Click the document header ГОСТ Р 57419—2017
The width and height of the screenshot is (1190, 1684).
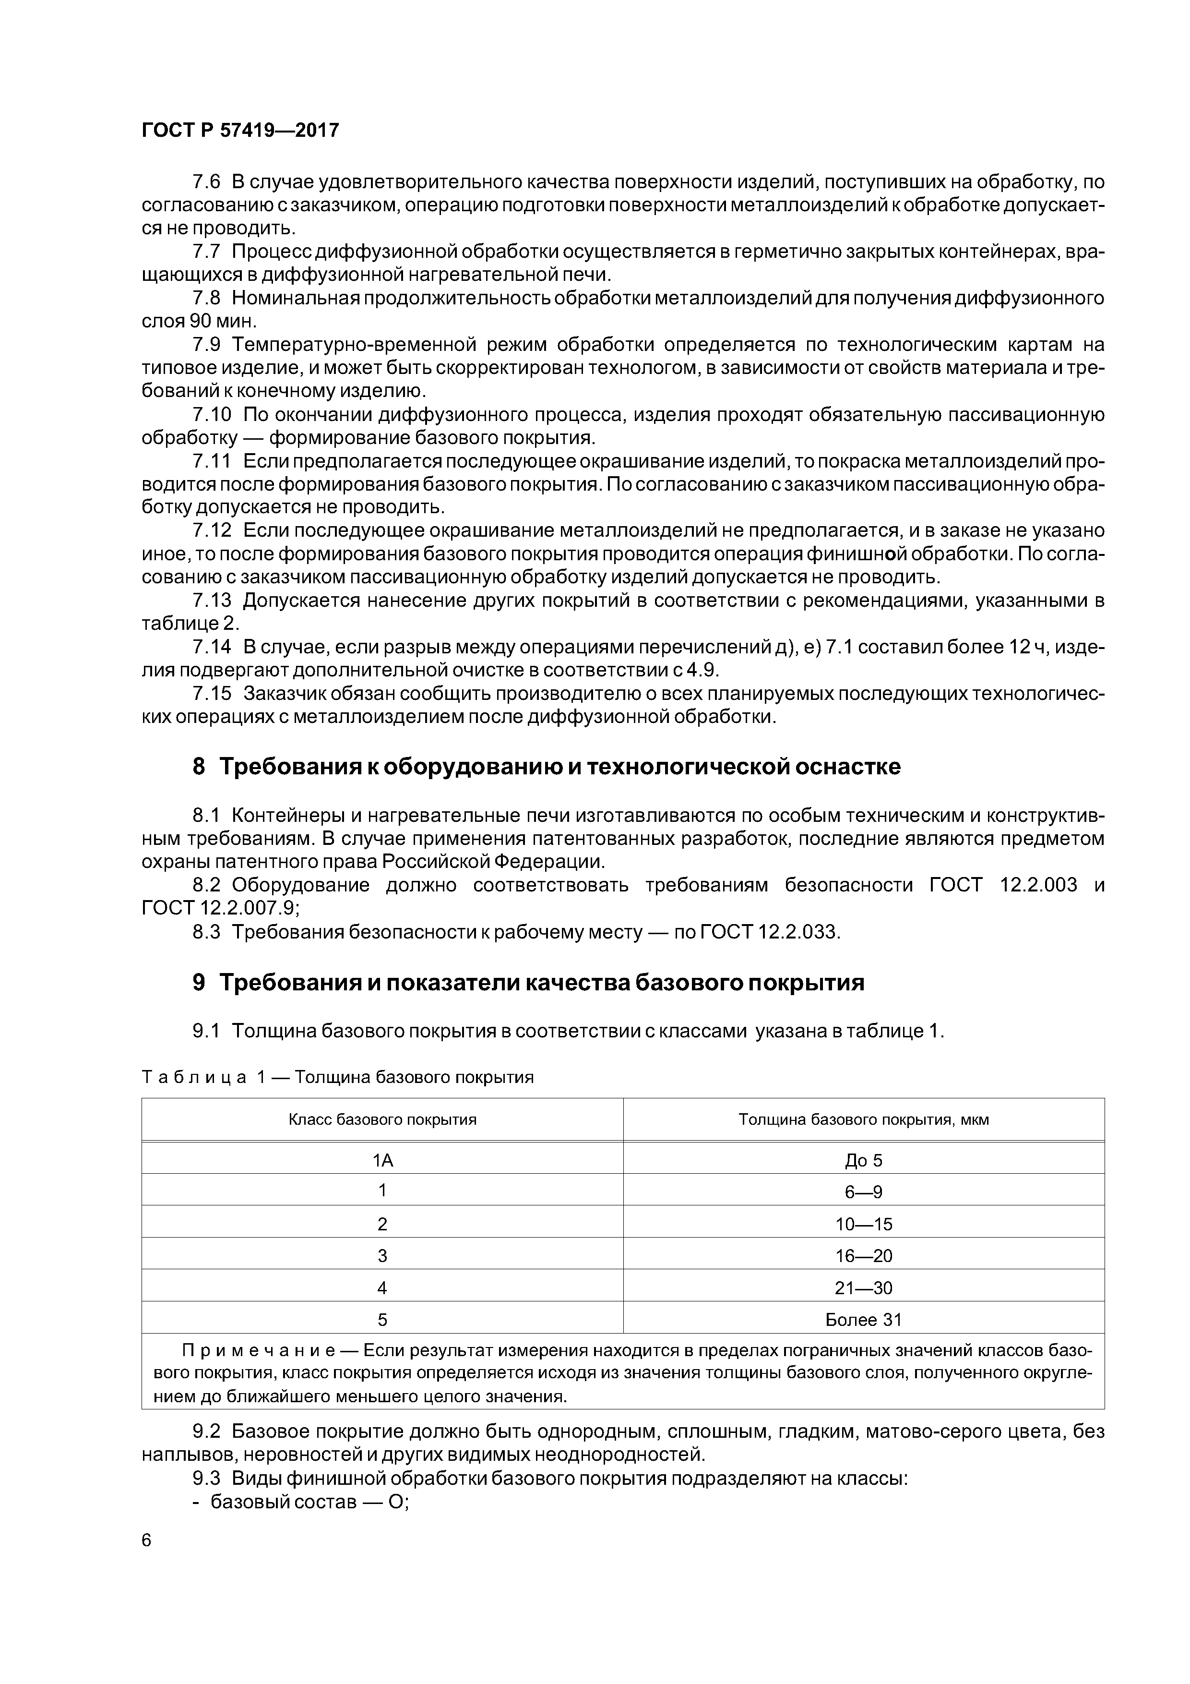[240, 131]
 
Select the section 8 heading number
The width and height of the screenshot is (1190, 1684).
[199, 767]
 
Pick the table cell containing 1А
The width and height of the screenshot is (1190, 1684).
[382, 1160]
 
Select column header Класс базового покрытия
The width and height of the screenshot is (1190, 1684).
[382, 1120]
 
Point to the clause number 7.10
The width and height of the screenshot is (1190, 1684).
[211, 415]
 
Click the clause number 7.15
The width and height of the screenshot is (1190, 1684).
[211, 693]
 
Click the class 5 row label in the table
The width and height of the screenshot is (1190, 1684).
[382, 1320]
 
